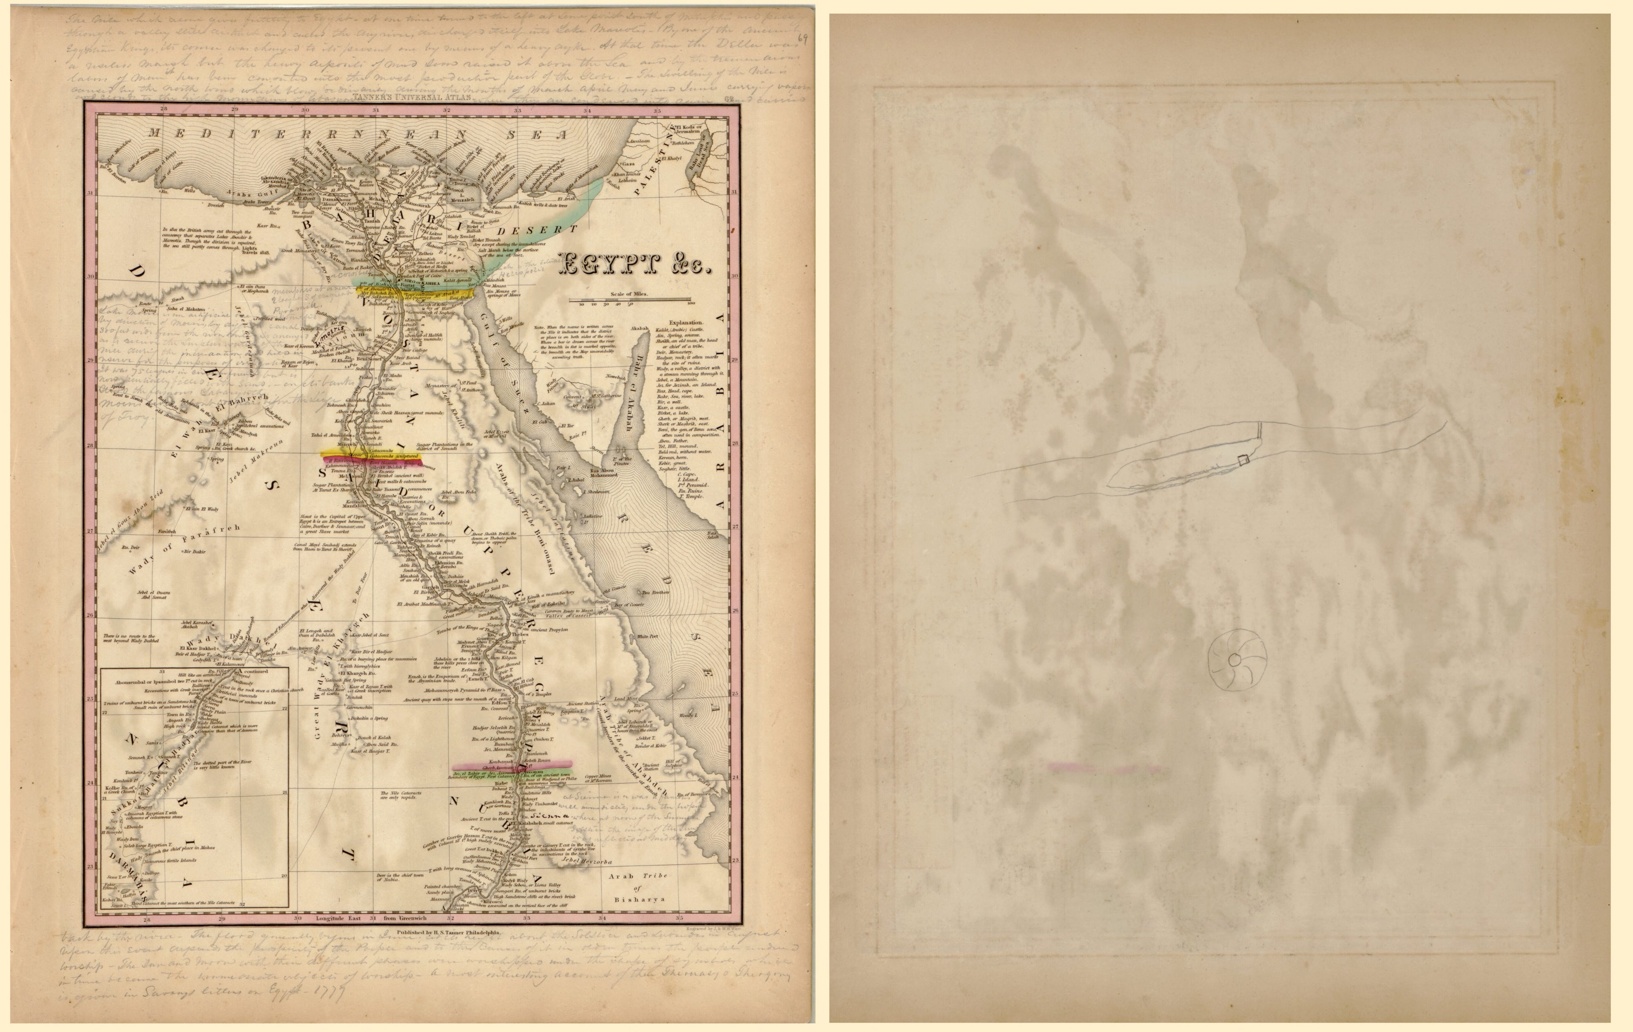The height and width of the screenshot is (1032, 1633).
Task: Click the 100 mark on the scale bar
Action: click(690, 304)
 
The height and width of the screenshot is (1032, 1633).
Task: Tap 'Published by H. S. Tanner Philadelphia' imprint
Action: click(448, 932)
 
